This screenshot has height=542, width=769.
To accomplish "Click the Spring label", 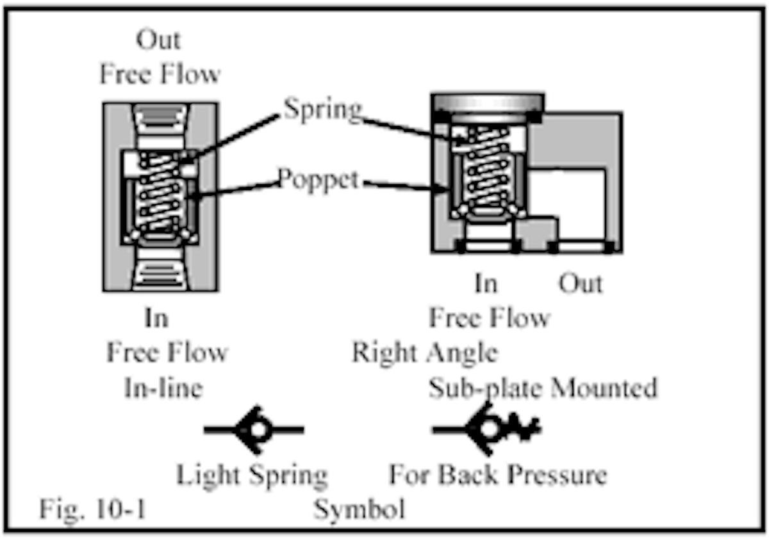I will [x=322, y=109].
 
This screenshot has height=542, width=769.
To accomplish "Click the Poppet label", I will [x=318, y=179].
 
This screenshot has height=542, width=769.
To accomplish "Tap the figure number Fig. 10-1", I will [x=92, y=510].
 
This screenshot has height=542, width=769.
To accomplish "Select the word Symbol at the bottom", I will [x=359, y=510].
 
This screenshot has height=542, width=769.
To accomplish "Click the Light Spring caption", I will [x=252, y=475].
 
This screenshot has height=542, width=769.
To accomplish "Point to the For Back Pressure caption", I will [x=498, y=475].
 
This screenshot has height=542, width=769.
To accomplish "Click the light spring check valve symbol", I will [x=254, y=430].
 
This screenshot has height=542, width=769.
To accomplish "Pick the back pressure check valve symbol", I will [x=487, y=429].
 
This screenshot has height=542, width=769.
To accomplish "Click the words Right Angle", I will [x=424, y=353].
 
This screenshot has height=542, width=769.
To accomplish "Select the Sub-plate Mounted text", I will [x=543, y=388].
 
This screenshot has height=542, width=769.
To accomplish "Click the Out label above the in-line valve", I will [x=158, y=40].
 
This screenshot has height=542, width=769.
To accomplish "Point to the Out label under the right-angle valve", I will [x=581, y=283].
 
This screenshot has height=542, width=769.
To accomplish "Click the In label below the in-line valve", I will [x=156, y=318].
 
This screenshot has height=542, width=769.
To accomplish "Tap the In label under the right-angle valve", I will [x=485, y=283].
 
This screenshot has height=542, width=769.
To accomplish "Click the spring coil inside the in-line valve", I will [x=160, y=195].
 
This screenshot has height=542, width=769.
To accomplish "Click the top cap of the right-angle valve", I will [x=488, y=102].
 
